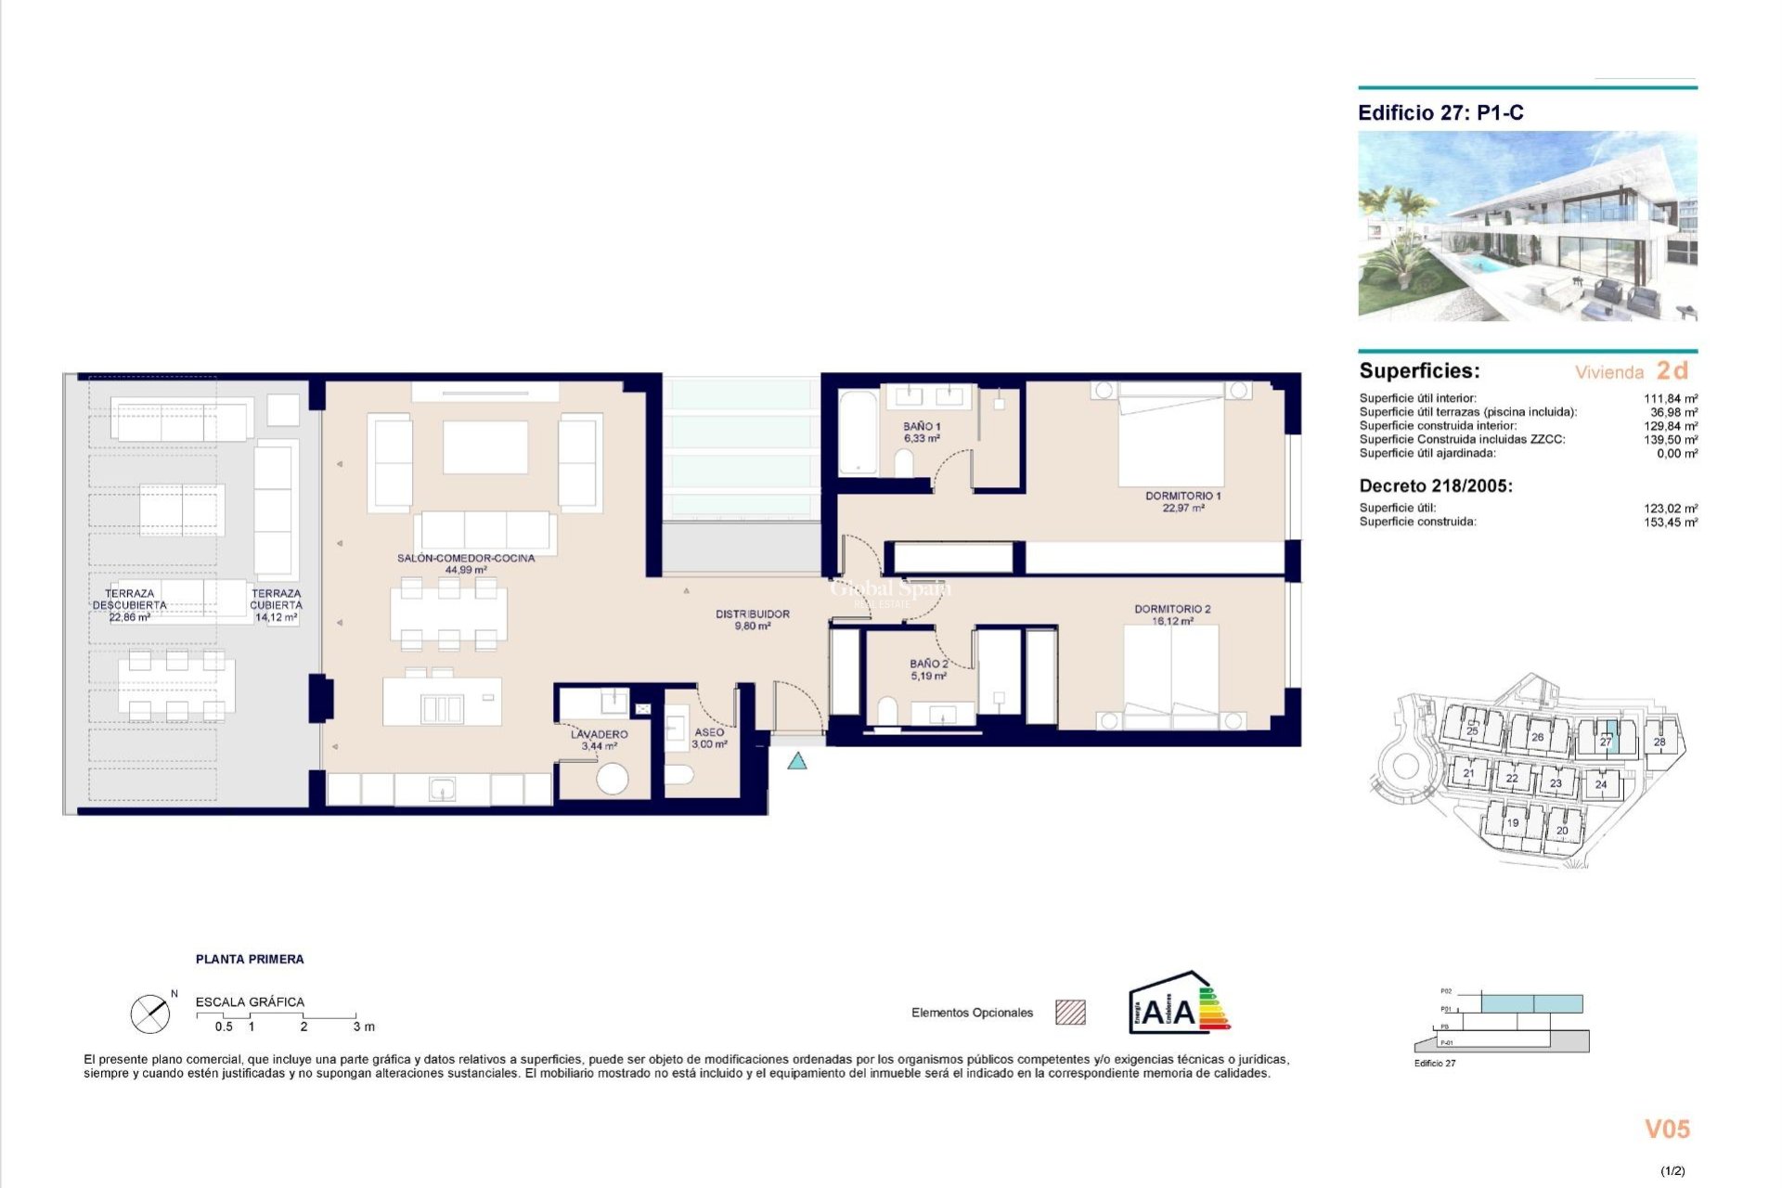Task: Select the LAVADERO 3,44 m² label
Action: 599,740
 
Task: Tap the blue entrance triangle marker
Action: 796,762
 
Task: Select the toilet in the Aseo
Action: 679,774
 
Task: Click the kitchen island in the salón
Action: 442,702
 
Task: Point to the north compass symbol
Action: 150,1014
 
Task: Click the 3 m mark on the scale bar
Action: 363,1027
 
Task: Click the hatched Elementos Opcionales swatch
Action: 1070,1013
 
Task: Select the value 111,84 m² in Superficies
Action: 1670,398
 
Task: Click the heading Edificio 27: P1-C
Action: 1440,113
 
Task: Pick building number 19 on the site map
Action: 1513,822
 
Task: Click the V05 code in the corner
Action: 1667,1130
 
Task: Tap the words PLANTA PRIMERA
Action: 250,959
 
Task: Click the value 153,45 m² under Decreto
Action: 1670,523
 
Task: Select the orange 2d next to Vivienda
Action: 1672,370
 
